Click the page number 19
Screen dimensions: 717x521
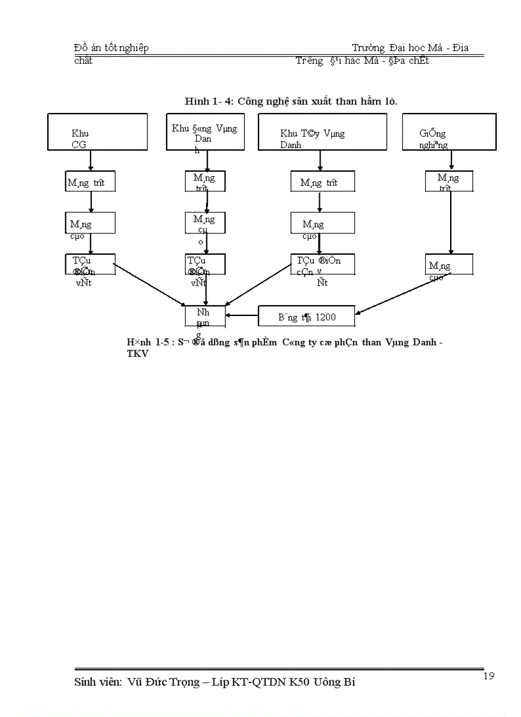(489, 676)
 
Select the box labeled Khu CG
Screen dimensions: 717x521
(98, 132)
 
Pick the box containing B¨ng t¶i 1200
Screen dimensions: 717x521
(306, 316)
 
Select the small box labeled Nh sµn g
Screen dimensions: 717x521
(205, 317)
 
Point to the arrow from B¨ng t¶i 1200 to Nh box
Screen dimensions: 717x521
(242, 315)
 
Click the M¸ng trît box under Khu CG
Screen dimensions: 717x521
(90, 181)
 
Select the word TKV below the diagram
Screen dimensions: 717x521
(138, 354)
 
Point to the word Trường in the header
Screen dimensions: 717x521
(368, 49)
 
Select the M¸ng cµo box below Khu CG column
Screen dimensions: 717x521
(90, 223)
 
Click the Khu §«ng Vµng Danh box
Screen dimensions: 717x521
(205, 132)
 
